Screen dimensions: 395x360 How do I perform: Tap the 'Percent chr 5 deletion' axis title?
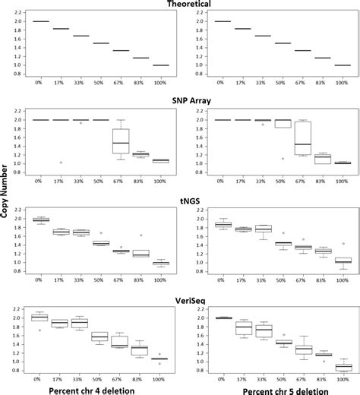click(x=280, y=388)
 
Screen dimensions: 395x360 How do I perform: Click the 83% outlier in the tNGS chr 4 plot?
click(x=141, y=235)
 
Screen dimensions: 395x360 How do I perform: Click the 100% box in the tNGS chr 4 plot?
click(x=161, y=263)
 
